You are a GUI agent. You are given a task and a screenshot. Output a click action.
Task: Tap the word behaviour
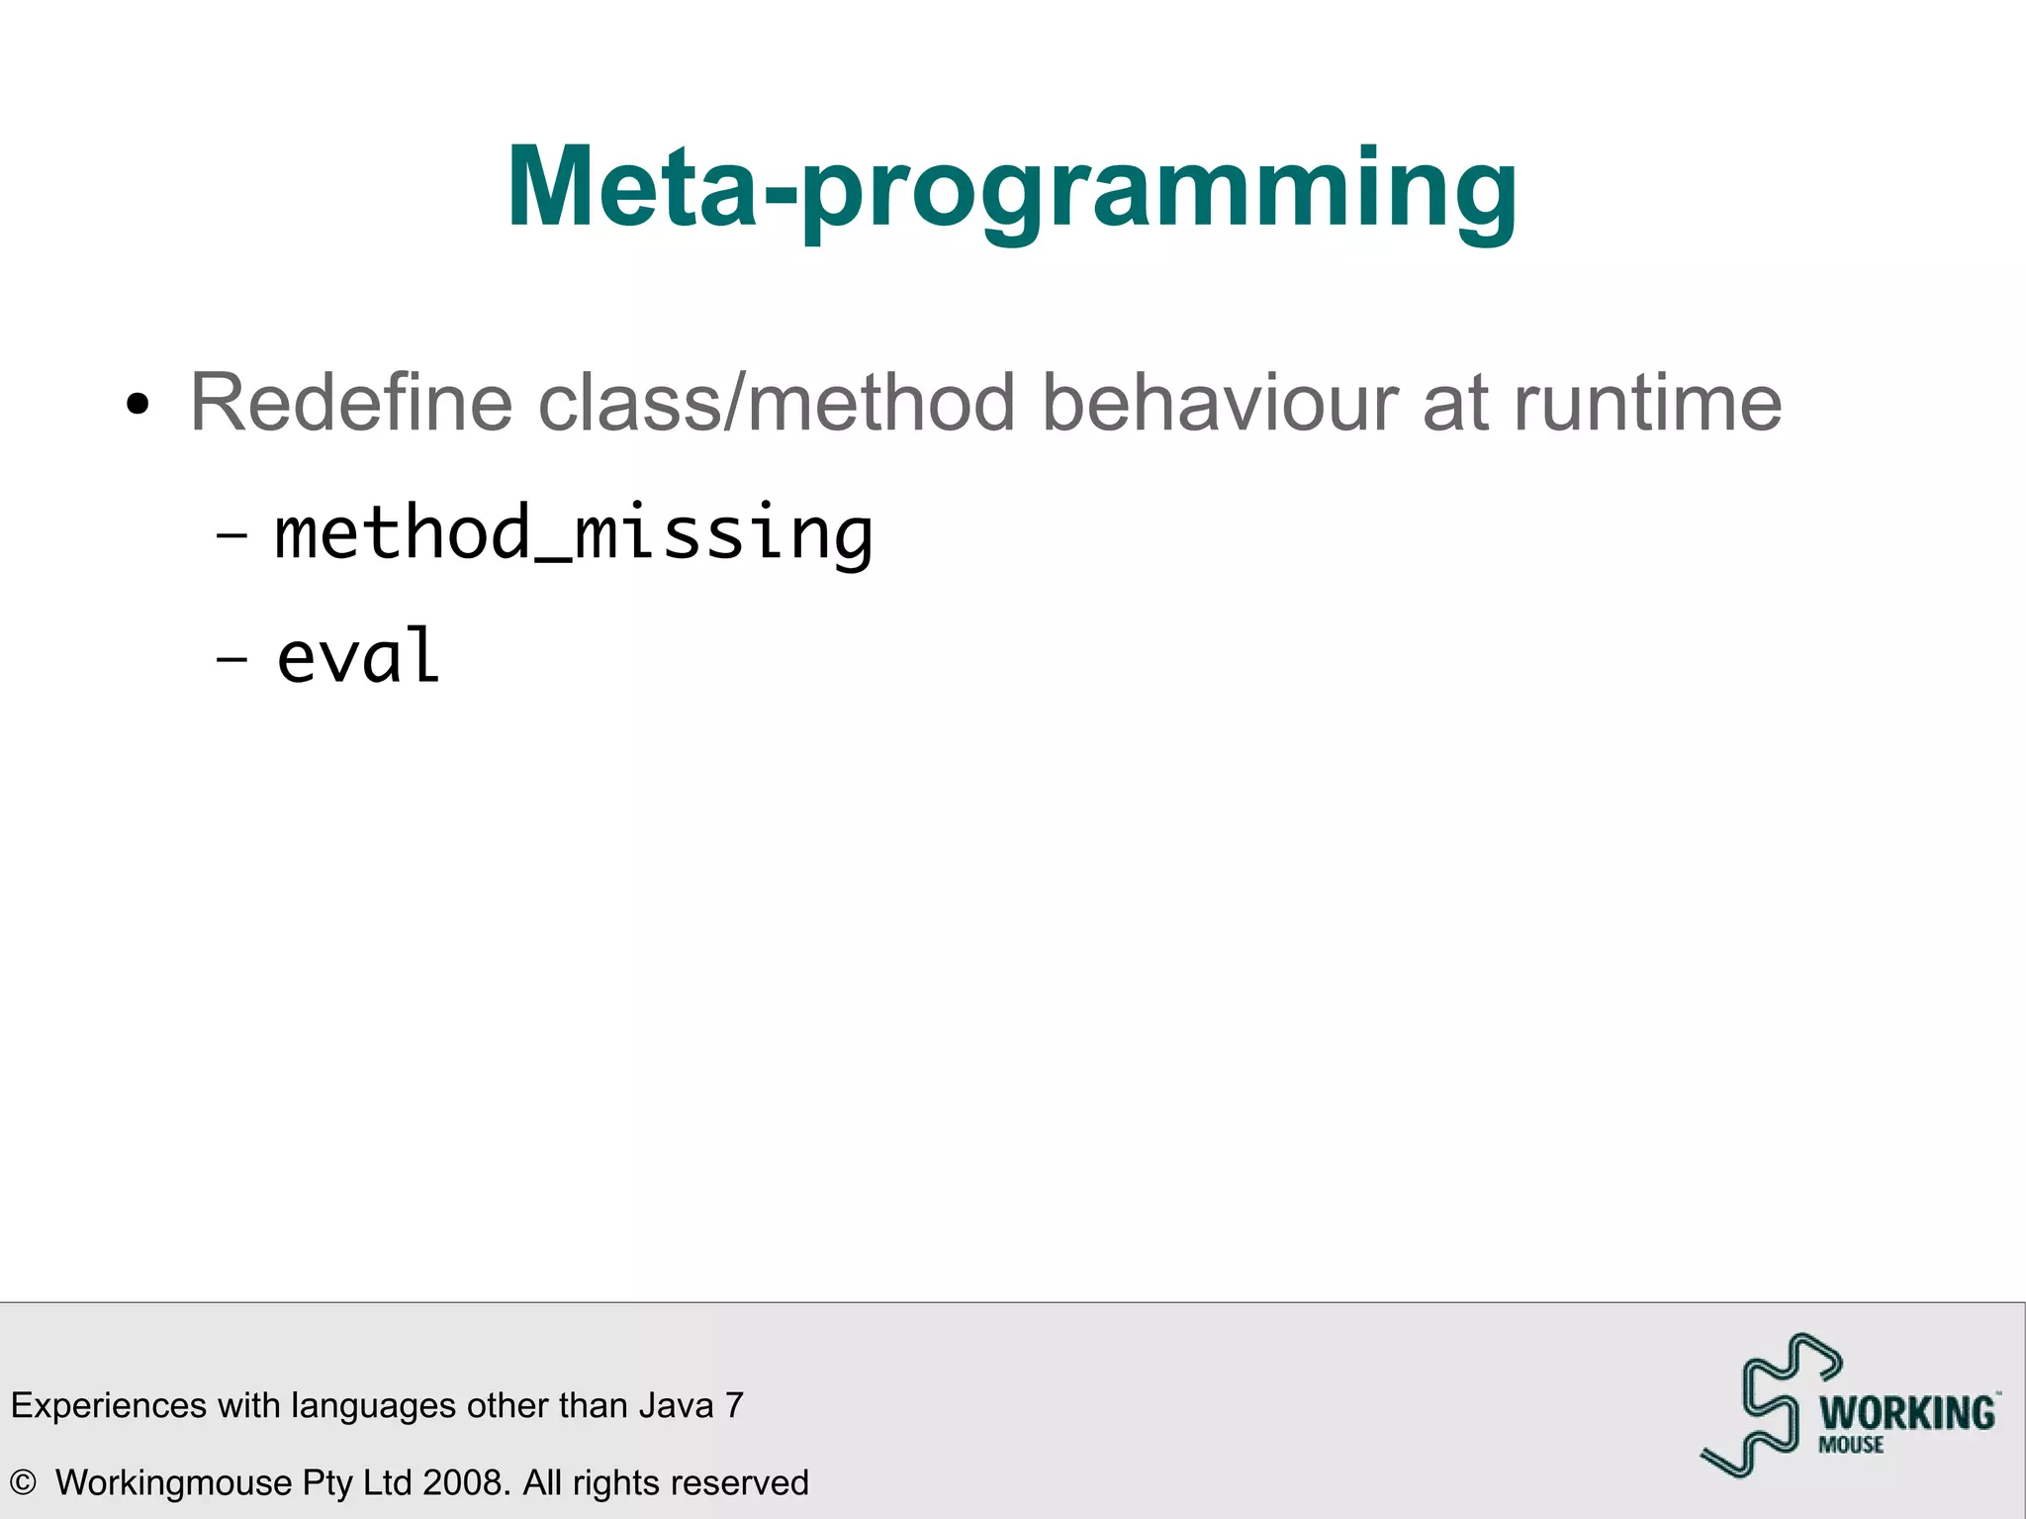(1219, 404)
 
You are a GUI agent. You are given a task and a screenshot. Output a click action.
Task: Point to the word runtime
(1647, 404)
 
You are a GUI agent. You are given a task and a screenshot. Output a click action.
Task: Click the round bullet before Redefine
(138, 405)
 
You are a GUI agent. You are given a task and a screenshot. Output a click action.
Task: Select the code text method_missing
(574, 534)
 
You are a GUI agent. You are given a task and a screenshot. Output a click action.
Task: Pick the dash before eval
(231, 658)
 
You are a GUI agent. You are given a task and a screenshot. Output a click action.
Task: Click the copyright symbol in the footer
(23, 1483)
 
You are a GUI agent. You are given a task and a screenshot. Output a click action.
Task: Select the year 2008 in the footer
(465, 1483)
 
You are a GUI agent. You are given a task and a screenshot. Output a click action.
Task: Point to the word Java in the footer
(676, 1405)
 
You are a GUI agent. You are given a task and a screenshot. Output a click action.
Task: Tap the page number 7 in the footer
(734, 1405)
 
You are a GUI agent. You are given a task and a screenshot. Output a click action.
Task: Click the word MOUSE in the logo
(1851, 1445)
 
